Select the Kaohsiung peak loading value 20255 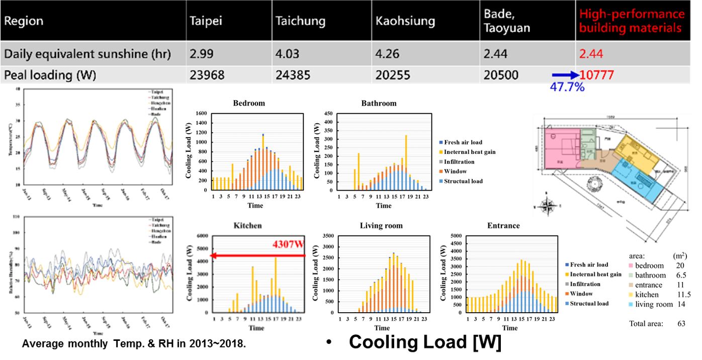[x=395, y=75]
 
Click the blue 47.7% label [x=568, y=86]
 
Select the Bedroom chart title [x=249, y=103]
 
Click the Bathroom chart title [x=379, y=103]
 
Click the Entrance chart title [x=503, y=226]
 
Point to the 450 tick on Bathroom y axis [x=329, y=114]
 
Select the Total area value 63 [x=681, y=323]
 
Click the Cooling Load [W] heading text [x=425, y=342]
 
